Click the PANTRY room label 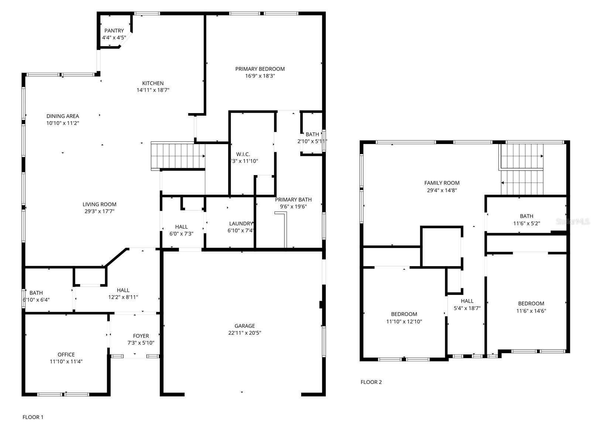(114, 31)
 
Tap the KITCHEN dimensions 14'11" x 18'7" (153, 90)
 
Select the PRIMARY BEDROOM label (260, 69)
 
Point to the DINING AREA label (63, 116)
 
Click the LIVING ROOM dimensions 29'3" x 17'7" (99, 211)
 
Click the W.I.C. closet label (243, 154)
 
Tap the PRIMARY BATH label (293, 200)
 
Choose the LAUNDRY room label (241, 224)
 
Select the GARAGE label (245, 326)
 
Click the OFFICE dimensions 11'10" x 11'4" (66, 362)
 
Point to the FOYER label (141, 336)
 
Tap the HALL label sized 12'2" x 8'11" (123, 290)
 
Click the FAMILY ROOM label (442, 183)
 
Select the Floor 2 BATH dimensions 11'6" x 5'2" (526, 223)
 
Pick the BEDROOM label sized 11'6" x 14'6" (531, 304)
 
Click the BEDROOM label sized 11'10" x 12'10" (404, 314)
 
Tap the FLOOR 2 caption (371, 382)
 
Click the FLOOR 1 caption (33, 417)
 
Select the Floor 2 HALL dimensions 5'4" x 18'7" (467, 308)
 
